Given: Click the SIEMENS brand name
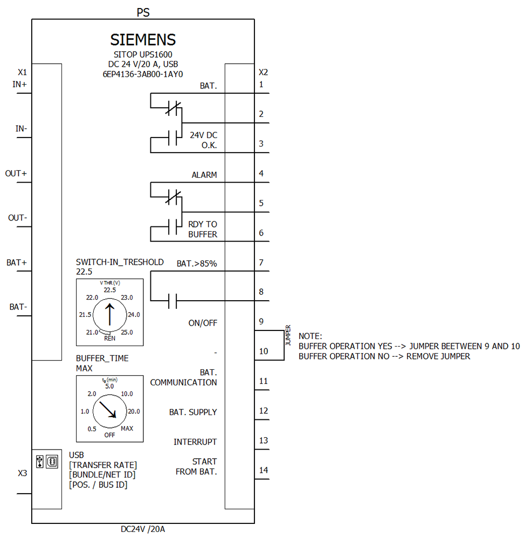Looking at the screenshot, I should [x=143, y=40].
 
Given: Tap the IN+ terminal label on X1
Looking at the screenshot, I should [x=20, y=84].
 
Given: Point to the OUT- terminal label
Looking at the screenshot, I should [x=17, y=218].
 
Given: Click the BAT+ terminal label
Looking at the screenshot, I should [x=17, y=262].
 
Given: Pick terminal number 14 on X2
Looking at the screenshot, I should [x=263, y=470].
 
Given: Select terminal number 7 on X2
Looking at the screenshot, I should [x=261, y=262].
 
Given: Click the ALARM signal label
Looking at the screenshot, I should [x=204, y=175].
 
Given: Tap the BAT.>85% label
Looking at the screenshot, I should [x=197, y=264].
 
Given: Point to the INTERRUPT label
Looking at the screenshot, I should [x=195, y=442].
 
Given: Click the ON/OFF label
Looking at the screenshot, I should [x=203, y=323].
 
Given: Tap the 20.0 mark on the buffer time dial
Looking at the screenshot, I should [x=133, y=411].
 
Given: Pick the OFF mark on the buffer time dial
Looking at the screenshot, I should [x=110, y=434].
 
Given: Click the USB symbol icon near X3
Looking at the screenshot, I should [x=39, y=462].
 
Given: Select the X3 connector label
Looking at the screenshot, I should [x=22, y=473].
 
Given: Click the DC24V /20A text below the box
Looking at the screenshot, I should [x=143, y=529].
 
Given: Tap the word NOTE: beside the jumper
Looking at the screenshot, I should [x=310, y=336].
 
